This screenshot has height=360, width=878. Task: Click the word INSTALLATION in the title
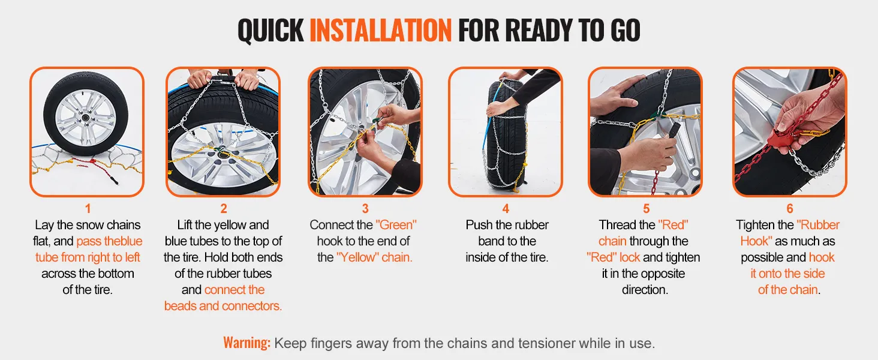pyautogui.click(x=381, y=30)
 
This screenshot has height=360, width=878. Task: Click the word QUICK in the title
pyautogui.click(x=271, y=30)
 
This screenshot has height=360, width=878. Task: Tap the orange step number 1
pyautogui.click(x=88, y=209)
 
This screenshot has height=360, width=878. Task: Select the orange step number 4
pyautogui.click(x=506, y=209)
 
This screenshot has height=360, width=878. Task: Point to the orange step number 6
pyautogui.click(x=789, y=209)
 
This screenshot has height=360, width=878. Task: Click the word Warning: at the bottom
pyautogui.click(x=247, y=343)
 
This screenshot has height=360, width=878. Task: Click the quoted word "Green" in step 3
pyautogui.click(x=396, y=225)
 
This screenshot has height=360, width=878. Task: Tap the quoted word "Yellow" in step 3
pyautogui.click(x=357, y=257)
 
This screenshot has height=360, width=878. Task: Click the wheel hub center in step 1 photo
pyautogui.click(x=85, y=118)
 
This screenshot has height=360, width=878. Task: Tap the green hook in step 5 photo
pyautogui.click(x=657, y=115)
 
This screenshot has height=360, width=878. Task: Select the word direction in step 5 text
pyautogui.click(x=645, y=290)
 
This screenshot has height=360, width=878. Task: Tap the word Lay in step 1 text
pyautogui.click(x=44, y=225)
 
